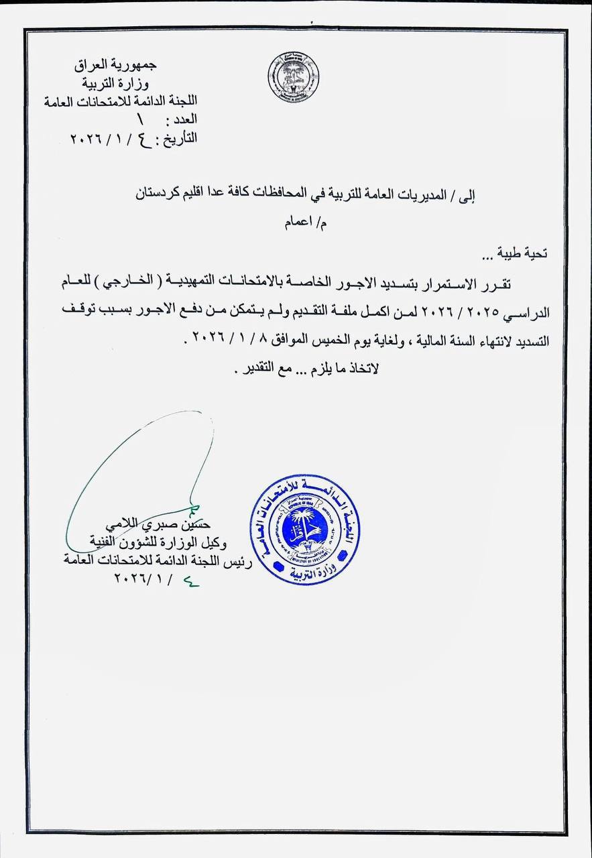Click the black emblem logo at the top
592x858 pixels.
click(293, 77)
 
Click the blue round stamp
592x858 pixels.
click(305, 530)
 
